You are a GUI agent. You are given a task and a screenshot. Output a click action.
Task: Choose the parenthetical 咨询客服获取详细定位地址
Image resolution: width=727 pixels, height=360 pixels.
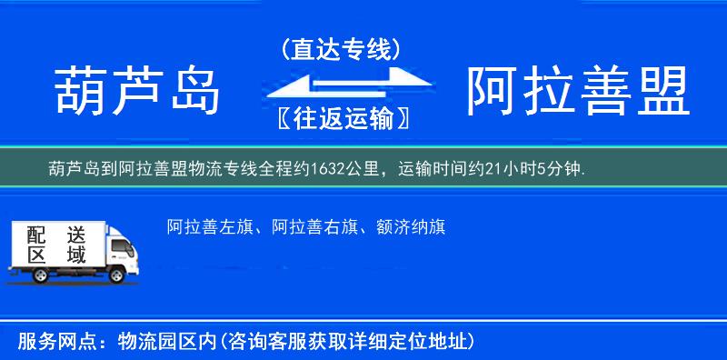click(x=350, y=342)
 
